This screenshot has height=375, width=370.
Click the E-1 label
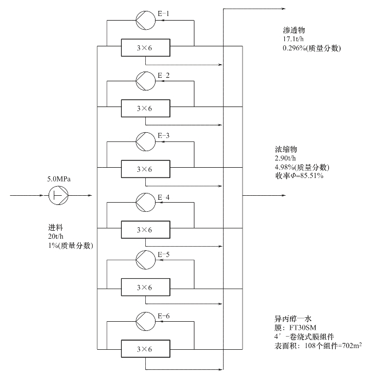(164, 14)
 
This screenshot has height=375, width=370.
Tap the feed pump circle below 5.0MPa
(58, 195)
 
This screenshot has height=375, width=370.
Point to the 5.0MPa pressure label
(59, 179)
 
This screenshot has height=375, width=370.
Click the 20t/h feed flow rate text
(55, 236)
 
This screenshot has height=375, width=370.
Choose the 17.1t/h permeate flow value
(293, 39)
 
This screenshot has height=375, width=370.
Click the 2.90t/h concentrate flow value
(285, 158)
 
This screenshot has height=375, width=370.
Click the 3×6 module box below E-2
(146, 108)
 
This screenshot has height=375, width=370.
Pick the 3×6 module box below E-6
(146, 349)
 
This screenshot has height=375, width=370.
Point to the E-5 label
(164, 254)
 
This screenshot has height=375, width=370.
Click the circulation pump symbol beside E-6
(145, 321)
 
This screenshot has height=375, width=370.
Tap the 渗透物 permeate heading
(294, 30)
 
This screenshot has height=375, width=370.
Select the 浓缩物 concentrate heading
(286, 149)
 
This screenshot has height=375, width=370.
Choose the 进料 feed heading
(55, 227)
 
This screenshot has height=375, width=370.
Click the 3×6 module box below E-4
(146, 230)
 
